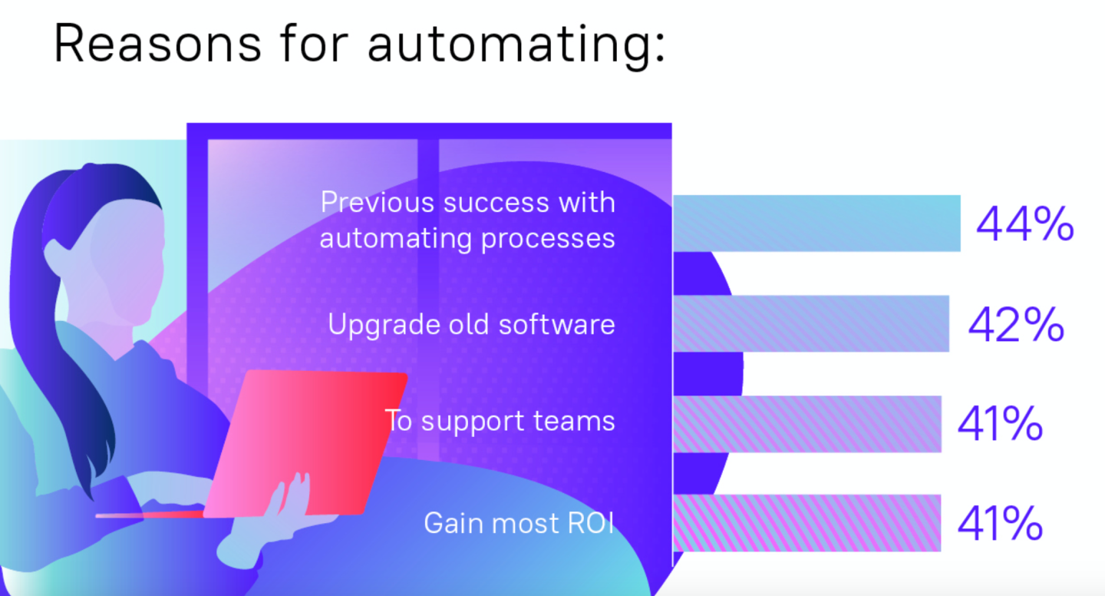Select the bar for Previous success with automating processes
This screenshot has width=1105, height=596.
816,223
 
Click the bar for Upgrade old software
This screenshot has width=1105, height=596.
811,323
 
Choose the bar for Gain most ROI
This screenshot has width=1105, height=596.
806,523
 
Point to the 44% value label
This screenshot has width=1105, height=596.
1024,224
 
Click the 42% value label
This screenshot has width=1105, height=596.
1015,325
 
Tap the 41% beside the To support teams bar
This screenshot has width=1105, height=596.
1000,425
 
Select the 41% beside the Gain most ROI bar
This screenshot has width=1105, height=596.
1000,524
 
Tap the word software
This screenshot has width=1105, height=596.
557,323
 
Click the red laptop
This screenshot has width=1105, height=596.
307,442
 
